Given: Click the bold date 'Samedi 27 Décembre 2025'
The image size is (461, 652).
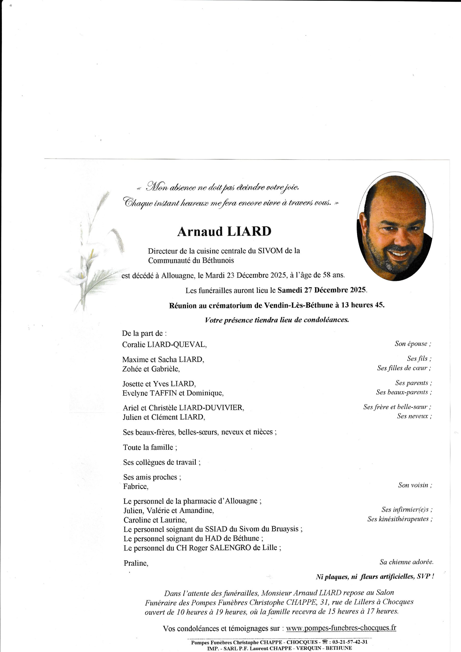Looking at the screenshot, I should [322, 290].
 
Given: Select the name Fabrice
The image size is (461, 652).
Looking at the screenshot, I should [135, 486].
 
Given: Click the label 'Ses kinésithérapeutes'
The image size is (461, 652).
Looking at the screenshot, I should [400, 519].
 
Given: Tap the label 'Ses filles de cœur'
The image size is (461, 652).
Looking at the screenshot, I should [404, 368].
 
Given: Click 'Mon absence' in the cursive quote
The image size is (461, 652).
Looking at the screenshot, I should [171, 187].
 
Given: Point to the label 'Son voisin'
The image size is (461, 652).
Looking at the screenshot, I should [415, 485].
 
